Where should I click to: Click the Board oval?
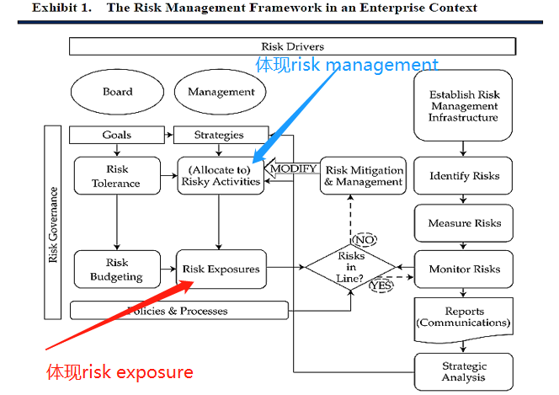[x=118, y=92]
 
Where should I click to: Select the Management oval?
[x=221, y=92]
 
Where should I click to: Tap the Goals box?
[x=117, y=135]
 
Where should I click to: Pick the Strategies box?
[x=219, y=135]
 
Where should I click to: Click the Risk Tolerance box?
[x=117, y=175]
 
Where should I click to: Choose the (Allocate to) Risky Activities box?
[x=220, y=175]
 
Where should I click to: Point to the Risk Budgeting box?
[x=117, y=270]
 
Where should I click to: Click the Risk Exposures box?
[x=221, y=270]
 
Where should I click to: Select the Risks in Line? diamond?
[x=350, y=269]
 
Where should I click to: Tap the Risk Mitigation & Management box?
[x=363, y=175]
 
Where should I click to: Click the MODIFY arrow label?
[x=292, y=168]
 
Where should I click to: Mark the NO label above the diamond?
[x=364, y=239]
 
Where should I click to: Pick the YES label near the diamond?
[x=381, y=286]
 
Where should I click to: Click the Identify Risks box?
[x=464, y=176]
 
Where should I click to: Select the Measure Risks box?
[x=464, y=223]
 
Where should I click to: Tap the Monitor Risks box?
[x=464, y=270]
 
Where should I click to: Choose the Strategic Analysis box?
[x=464, y=371]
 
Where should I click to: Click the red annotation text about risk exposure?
[x=120, y=372]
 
